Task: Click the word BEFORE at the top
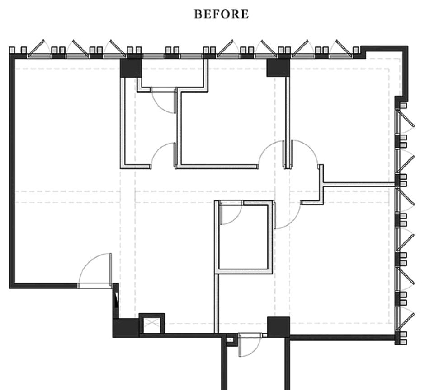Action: click(x=221, y=14)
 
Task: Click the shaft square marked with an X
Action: click(x=152, y=324)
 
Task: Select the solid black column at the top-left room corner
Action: click(x=131, y=68)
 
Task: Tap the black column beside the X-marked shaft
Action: click(x=126, y=328)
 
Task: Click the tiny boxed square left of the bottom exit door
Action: click(x=230, y=339)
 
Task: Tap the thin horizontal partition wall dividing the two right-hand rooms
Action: click(x=359, y=184)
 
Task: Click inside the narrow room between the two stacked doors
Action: click(x=150, y=128)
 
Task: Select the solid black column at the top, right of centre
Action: click(x=278, y=68)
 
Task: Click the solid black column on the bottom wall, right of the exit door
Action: click(x=278, y=327)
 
